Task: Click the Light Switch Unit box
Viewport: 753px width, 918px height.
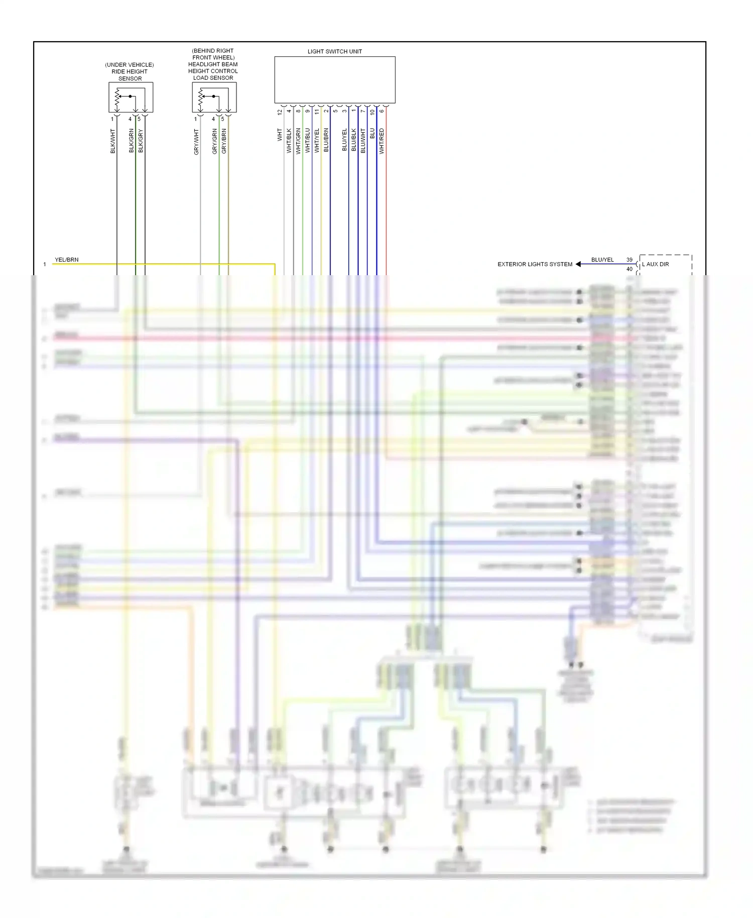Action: [334, 80]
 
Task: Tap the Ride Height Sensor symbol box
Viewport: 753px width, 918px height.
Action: [131, 97]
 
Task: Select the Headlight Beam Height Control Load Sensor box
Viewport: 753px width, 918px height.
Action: [214, 97]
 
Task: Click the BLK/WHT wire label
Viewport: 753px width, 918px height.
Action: [113, 141]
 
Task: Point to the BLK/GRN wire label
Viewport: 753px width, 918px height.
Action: [132, 141]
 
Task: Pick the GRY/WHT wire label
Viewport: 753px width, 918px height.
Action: [196, 142]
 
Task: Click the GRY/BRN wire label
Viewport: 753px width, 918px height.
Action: [224, 141]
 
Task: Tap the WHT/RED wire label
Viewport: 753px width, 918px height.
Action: [382, 141]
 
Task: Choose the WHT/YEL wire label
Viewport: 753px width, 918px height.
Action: [317, 141]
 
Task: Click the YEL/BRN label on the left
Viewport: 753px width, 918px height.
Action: [67, 260]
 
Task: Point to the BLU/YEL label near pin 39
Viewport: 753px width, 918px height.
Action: [602, 260]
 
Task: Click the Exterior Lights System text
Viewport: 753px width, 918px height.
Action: [535, 264]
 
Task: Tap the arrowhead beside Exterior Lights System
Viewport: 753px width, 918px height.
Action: [578, 264]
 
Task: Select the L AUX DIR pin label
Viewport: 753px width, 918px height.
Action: [656, 264]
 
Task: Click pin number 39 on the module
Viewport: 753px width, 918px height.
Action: [630, 260]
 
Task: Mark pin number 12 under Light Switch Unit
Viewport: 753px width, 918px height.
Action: [280, 112]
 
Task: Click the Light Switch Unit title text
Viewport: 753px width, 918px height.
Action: [334, 51]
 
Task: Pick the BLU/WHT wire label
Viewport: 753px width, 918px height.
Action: [363, 141]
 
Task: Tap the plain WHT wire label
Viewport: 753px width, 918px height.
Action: [280, 135]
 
